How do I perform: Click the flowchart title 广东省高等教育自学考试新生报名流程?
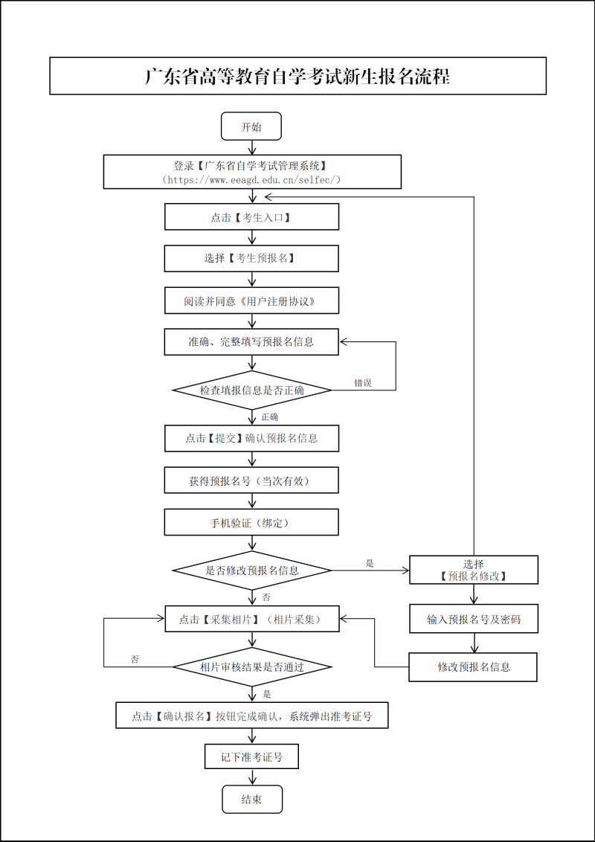tap(297, 77)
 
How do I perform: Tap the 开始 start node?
tap(251, 126)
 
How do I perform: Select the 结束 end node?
tap(251, 800)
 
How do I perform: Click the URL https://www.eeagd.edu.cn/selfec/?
tap(251, 180)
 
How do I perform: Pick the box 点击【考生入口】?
tap(251, 217)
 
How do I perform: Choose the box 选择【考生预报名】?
tap(251, 258)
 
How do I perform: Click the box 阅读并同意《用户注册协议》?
tap(251, 301)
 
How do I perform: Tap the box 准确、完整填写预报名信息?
tap(251, 342)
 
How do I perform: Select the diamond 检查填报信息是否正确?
tap(251, 390)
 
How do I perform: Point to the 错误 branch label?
tap(363, 383)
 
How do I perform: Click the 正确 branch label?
tap(269, 417)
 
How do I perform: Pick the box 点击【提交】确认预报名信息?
tap(251, 438)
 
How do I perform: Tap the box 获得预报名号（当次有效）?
tap(251, 481)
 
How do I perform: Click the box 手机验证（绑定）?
tap(251, 523)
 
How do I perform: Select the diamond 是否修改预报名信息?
tap(251, 571)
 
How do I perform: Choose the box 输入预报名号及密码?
tap(474, 619)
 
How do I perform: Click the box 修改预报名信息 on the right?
tap(474, 666)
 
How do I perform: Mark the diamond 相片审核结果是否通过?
tap(251, 666)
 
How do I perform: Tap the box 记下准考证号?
tap(251, 757)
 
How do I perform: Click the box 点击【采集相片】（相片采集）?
tap(251, 619)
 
